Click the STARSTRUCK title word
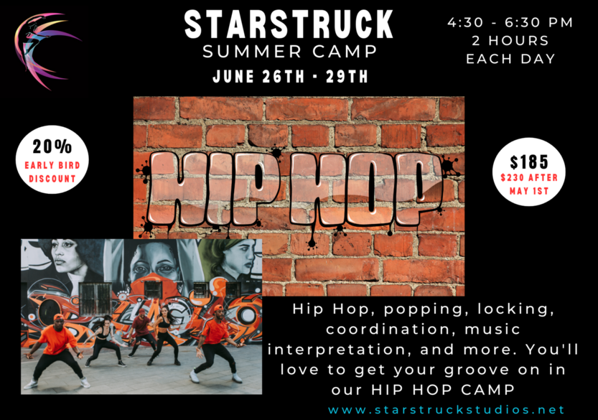(x=289, y=24)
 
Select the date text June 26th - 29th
(x=290, y=76)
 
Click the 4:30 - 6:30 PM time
(x=510, y=22)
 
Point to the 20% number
(x=52, y=146)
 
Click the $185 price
(x=529, y=162)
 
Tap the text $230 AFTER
(x=529, y=177)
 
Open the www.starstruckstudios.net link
(x=446, y=410)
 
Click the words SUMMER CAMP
(x=290, y=52)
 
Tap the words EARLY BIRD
(x=52, y=165)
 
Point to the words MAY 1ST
(x=529, y=191)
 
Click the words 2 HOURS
(x=510, y=40)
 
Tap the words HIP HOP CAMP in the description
(x=442, y=389)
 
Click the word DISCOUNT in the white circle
(x=52, y=179)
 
